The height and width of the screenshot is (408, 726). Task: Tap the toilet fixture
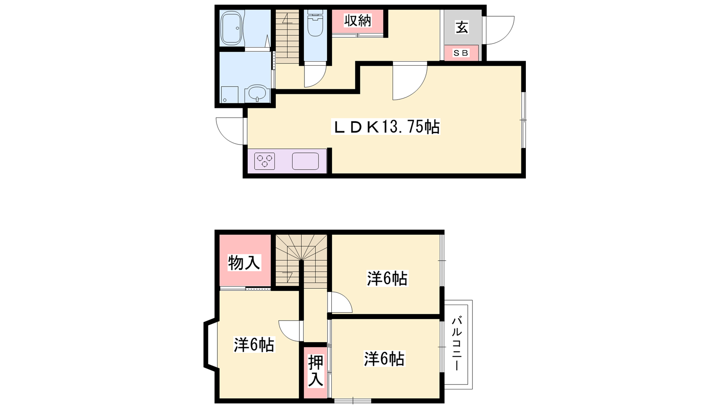pyautogui.click(x=315, y=23)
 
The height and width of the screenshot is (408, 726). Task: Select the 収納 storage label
pyautogui.click(x=358, y=21)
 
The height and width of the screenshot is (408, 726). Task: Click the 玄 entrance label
pyautogui.click(x=462, y=27)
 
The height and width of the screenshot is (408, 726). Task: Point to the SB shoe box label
pyautogui.click(x=461, y=53)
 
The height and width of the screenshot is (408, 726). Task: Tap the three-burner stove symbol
pyautogui.click(x=265, y=161)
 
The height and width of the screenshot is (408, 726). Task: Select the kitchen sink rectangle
pyautogui.click(x=305, y=161)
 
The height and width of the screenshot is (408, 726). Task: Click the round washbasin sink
pyautogui.click(x=257, y=93)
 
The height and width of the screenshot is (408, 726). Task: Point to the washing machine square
pyautogui.click(x=230, y=95)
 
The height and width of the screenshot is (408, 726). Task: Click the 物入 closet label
pyautogui.click(x=244, y=262)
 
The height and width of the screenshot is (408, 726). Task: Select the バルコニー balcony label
pyautogui.click(x=457, y=344)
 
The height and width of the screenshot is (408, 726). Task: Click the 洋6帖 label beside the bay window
pyautogui.click(x=254, y=345)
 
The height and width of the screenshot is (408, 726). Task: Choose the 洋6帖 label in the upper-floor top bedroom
pyautogui.click(x=388, y=278)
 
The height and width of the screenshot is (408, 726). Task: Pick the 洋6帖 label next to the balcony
pyautogui.click(x=384, y=359)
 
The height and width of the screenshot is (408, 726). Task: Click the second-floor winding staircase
pyautogui.click(x=301, y=261)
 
